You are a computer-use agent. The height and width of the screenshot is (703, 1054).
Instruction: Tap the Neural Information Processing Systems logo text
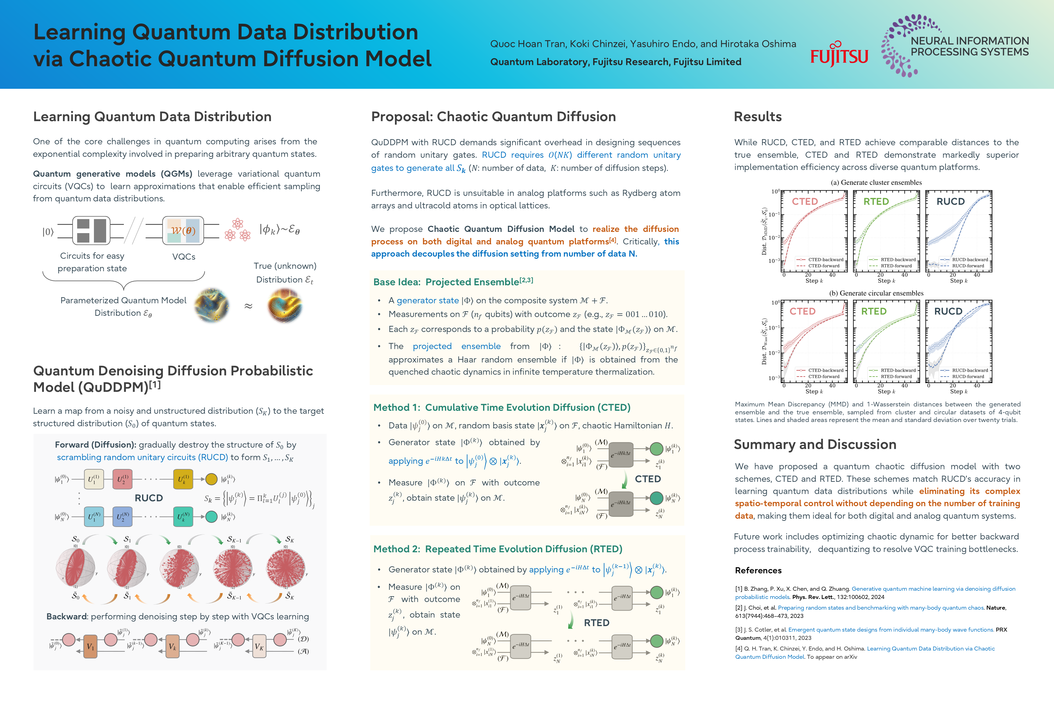(969, 46)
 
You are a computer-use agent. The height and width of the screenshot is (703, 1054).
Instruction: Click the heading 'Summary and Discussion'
(815, 444)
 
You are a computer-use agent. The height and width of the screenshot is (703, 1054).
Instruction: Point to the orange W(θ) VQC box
(183, 230)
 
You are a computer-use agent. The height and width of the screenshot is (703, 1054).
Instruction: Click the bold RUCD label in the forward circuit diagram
(149, 498)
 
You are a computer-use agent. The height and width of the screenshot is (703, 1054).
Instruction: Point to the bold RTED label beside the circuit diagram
(597, 623)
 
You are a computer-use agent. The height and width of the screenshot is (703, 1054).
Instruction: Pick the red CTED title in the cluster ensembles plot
(805, 201)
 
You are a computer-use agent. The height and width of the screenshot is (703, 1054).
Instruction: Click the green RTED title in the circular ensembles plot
(873, 311)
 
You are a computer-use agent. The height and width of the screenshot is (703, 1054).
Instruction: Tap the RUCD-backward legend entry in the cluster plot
(966, 260)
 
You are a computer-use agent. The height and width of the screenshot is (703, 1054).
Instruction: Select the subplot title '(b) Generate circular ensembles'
(876, 293)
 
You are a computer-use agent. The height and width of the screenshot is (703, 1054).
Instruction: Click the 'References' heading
(758, 570)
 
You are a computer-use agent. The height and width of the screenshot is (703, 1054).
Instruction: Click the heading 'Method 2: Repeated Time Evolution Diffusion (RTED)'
(497, 549)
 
